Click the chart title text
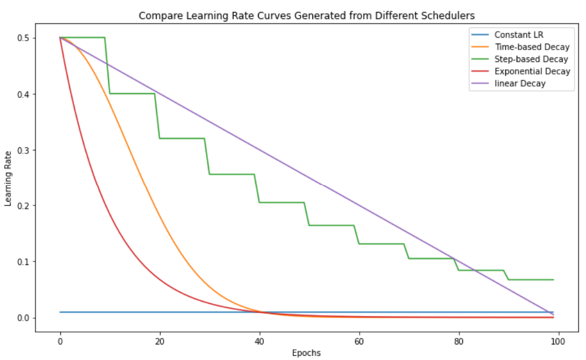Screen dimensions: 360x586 [x=307, y=16]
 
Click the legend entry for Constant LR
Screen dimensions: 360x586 [x=518, y=35]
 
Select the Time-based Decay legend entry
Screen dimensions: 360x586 [x=532, y=47]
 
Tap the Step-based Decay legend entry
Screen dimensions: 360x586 [x=531, y=59]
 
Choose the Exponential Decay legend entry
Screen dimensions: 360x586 [x=532, y=71]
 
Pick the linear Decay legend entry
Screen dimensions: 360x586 [x=520, y=84]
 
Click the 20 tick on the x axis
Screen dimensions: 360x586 [x=159, y=341]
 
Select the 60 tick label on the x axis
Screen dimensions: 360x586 [x=359, y=341]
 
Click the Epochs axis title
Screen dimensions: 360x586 [x=306, y=353]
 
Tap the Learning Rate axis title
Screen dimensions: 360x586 [x=8, y=178]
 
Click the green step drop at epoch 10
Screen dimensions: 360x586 [x=108, y=66]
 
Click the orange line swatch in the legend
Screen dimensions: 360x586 [x=478, y=47]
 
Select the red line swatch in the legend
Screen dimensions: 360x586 [x=478, y=71]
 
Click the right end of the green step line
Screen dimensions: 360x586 [x=553, y=279]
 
